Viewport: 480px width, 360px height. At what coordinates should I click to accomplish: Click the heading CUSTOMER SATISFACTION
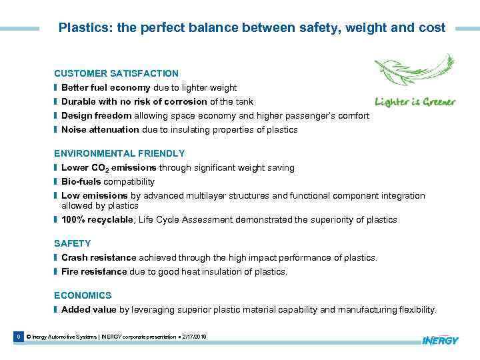[x=116, y=73]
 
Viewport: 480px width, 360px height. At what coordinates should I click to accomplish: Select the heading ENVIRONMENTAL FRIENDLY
[x=119, y=153]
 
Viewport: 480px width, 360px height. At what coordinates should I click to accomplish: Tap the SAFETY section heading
[x=72, y=244]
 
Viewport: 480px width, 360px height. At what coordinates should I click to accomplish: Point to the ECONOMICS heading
[x=83, y=295]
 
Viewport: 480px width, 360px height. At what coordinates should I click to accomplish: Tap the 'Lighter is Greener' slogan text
[x=415, y=102]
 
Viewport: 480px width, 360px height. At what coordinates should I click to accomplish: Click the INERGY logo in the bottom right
[x=440, y=341]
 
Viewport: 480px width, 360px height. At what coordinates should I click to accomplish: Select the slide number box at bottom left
[x=18, y=337]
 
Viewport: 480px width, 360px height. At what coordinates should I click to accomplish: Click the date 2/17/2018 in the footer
[x=194, y=337]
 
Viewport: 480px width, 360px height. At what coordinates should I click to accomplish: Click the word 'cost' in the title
[x=433, y=28]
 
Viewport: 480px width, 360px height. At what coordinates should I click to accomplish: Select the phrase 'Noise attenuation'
[x=100, y=130]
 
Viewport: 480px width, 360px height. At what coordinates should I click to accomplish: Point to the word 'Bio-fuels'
[x=80, y=181]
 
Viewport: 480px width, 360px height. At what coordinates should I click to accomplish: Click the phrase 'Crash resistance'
[x=99, y=257]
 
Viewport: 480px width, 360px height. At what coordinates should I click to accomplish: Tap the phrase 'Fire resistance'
[x=94, y=271]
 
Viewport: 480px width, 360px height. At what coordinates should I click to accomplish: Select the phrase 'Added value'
[x=89, y=309]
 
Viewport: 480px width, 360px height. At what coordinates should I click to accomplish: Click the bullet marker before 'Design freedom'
[x=56, y=116]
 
